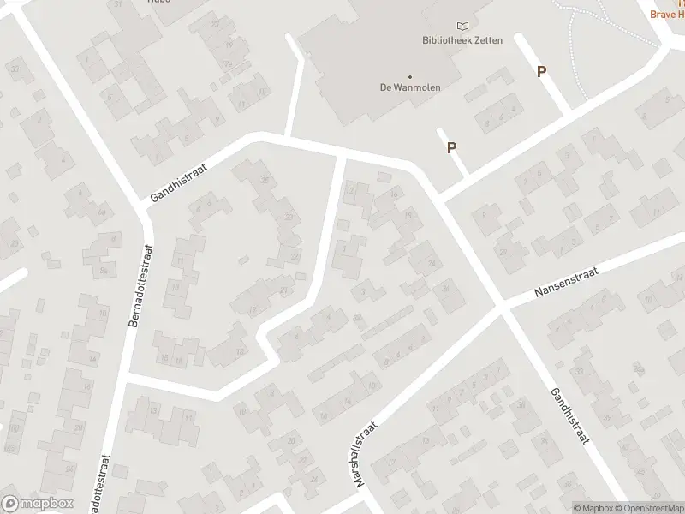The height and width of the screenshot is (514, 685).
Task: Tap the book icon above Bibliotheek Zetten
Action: pyautogui.click(x=463, y=27)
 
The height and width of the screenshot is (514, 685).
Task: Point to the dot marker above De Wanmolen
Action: pyautogui.click(x=410, y=75)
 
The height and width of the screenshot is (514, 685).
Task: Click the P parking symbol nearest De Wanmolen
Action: pyautogui.click(x=451, y=147)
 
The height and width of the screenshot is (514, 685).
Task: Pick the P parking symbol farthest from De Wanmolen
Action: pyautogui.click(x=541, y=72)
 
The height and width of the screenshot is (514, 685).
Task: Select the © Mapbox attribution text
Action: pyautogui.click(x=593, y=508)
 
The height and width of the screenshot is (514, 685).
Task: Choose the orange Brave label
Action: pyautogui.click(x=667, y=15)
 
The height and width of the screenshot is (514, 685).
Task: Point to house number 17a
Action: pyautogui.click(x=227, y=64)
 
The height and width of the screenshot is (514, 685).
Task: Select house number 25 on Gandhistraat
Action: pyautogui.click(x=265, y=180)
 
